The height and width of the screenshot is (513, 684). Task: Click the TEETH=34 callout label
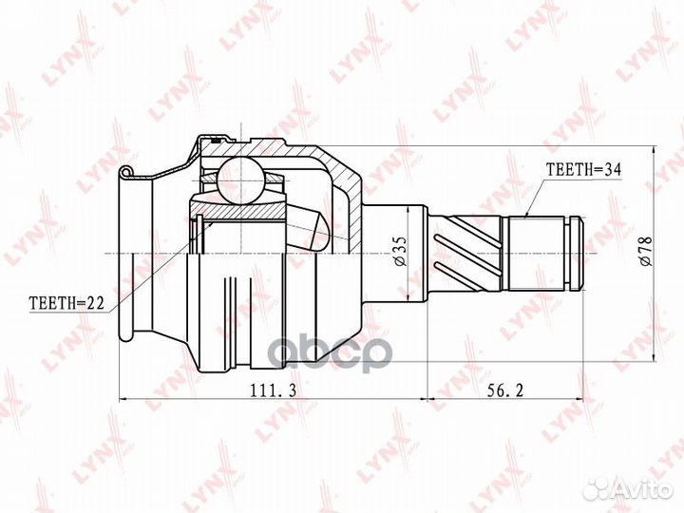(x=583, y=169)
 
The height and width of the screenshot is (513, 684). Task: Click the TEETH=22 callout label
(x=66, y=303)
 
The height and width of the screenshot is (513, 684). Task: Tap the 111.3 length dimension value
(x=274, y=390)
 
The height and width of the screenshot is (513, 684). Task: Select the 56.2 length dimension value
(x=504, y=390)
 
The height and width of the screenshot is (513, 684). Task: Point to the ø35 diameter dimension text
(x=401, y=251)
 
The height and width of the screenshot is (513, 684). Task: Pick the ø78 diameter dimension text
(x=645, y=251)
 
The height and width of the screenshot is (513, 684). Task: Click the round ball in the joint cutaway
(x=240, y=180)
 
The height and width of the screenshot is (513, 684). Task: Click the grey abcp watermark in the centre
(x=332, y=354)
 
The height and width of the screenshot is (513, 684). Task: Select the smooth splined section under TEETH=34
(x=534, y=253)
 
